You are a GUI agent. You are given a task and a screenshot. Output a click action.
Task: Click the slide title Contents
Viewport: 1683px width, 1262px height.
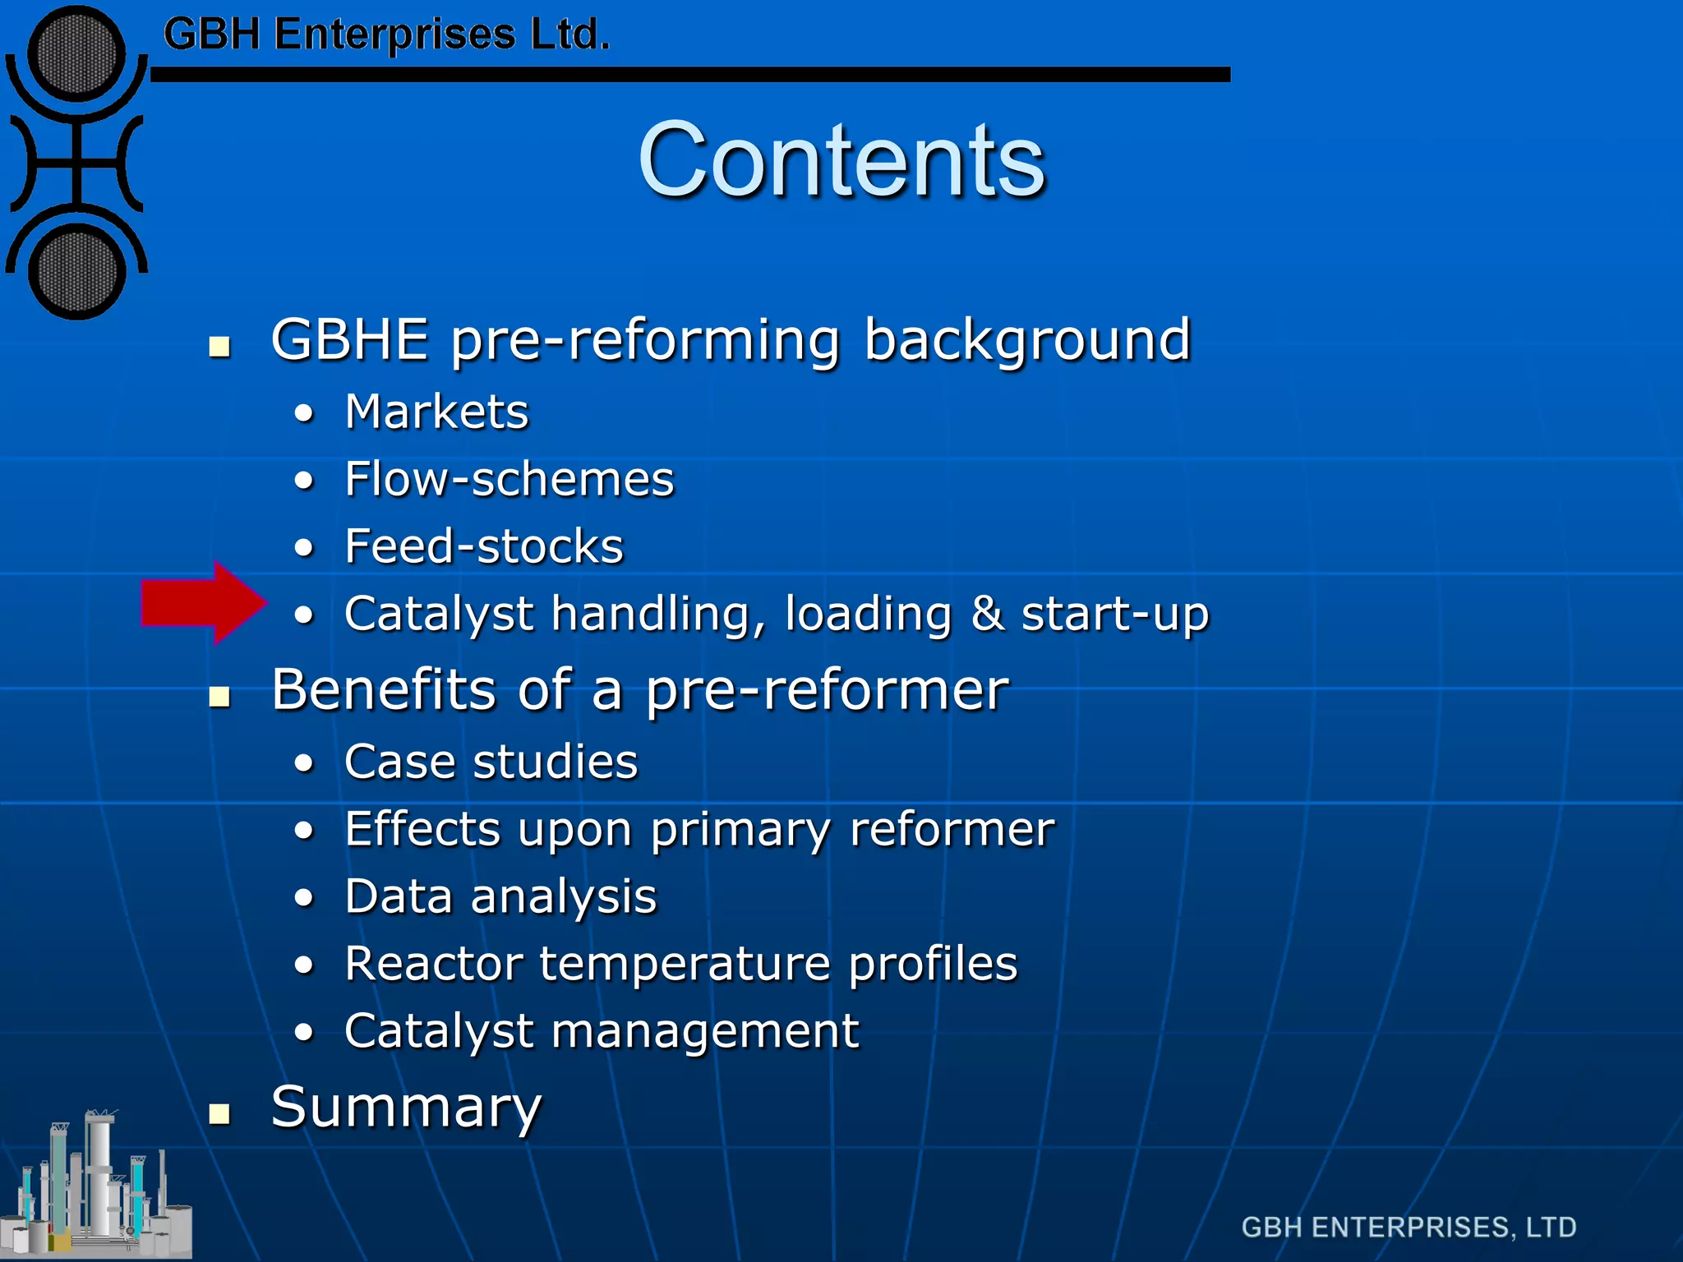point(841,160)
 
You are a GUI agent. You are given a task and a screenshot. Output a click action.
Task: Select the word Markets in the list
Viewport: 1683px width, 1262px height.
point(436,412)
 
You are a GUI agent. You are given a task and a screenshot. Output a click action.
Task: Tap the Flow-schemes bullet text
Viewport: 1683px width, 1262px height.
point(509,479)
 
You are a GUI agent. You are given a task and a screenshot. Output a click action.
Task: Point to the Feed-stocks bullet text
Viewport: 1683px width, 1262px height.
point(484,546)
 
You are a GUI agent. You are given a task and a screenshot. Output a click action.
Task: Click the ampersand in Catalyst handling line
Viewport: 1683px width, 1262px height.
point(987,614)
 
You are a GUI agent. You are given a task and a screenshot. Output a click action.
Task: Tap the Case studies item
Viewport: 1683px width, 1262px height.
point(491,762)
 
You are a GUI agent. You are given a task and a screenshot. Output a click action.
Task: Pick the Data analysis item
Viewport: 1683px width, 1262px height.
point(500,896)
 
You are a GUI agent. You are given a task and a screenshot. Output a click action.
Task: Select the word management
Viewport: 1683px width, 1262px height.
point(704,1031)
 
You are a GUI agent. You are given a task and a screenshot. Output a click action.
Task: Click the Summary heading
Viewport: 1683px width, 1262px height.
point(406,1108)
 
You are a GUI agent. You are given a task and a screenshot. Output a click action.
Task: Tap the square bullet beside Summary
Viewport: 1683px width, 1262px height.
point(219,1113)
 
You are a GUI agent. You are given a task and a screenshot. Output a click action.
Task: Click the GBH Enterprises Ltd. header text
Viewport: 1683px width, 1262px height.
point(386,35)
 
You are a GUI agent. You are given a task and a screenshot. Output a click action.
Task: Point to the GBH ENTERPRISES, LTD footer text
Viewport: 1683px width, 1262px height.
point(1408,1227)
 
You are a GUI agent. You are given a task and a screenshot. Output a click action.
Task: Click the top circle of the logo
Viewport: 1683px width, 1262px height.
point(76,53)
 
